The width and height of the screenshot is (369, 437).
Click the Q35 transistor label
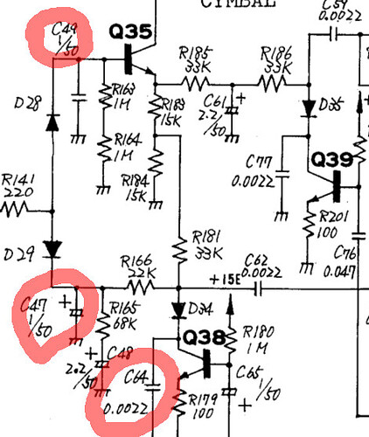pos(131,33)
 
